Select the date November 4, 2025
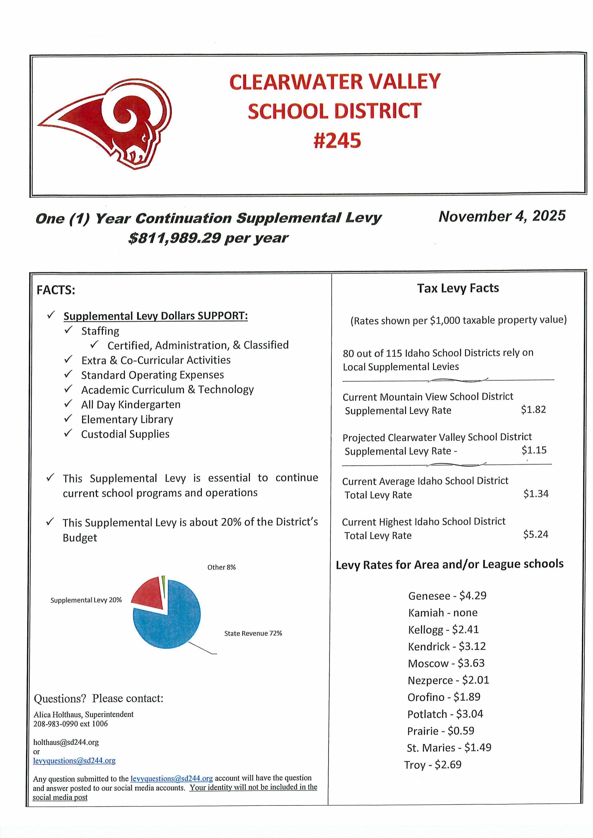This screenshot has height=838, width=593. (502, 216)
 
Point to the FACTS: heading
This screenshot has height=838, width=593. (55, 290)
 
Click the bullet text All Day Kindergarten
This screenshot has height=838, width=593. (131, 404)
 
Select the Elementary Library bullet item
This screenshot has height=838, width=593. (127, 419)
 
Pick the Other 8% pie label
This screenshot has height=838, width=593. (221, 567)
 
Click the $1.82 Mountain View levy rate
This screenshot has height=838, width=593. (533, 410)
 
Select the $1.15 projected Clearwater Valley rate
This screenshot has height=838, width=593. (534, 450)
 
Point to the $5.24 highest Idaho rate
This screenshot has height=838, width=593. (535, 534)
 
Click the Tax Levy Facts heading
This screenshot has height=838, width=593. (458, 288)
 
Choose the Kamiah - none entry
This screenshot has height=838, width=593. (442, 613)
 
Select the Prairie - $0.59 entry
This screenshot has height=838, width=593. (441, 731)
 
